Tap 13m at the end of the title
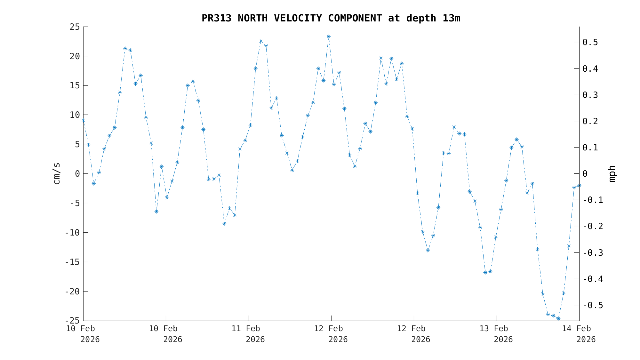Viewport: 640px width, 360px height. tap(451, 18)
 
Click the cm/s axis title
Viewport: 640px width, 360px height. tap(57, 173)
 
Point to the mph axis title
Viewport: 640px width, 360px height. tap(612, 173)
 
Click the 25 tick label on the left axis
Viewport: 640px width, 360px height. tap(75, 27)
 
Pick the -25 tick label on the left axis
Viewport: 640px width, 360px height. tap(72, 321)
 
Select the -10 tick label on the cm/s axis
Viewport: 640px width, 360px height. tap(72, 233)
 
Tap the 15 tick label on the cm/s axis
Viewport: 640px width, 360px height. tap(75, 86)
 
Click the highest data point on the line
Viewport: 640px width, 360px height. tap(329, 36)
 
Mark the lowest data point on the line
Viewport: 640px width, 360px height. tap(558, 318)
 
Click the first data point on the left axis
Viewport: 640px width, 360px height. tap(83, 120)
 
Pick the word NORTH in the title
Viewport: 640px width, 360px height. tap(252, 18)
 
